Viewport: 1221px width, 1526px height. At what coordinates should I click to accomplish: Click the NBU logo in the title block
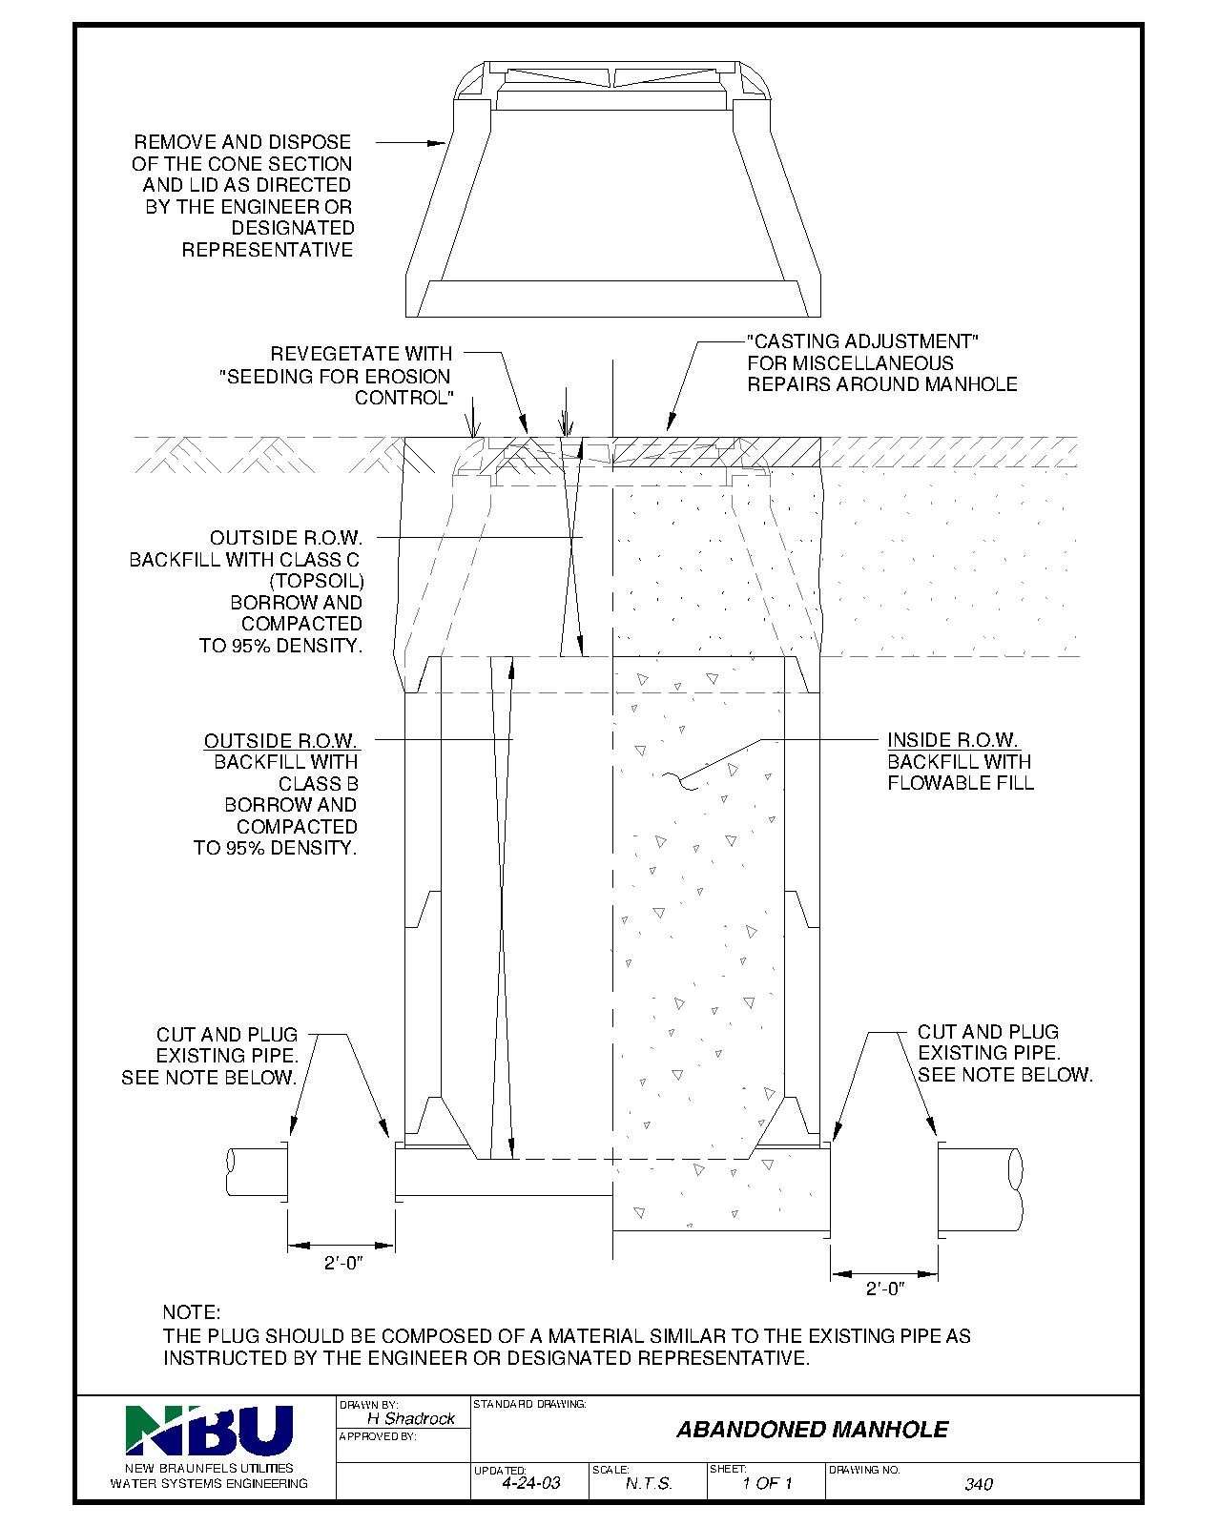[209, 1431]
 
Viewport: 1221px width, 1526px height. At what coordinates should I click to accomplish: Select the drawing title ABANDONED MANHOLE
[812, 1430]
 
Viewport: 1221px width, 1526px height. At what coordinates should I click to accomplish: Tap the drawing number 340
[978, 1484]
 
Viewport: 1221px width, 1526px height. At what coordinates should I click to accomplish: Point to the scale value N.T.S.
[649, 1484]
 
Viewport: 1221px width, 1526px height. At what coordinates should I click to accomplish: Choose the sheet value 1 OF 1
[767, 1484]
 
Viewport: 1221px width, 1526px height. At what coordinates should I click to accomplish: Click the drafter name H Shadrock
[410, 1418]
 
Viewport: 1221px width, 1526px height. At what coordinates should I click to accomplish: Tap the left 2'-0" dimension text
[344, 1263]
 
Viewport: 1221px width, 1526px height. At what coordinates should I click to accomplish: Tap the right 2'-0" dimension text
[883, 1289]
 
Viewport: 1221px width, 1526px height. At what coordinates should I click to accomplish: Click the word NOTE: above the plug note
[192, 1313]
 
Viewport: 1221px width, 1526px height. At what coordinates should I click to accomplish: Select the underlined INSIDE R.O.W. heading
[952, 740]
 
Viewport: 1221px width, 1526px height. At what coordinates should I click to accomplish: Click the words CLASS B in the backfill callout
[319, 784]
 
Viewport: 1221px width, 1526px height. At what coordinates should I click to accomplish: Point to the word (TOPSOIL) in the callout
[317, 581]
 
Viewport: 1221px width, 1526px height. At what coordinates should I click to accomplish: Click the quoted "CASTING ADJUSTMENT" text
[863, 341]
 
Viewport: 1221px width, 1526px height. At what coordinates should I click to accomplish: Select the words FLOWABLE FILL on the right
[961, 783]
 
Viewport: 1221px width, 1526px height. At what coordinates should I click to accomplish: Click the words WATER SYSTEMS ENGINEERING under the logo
[209, 1484]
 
